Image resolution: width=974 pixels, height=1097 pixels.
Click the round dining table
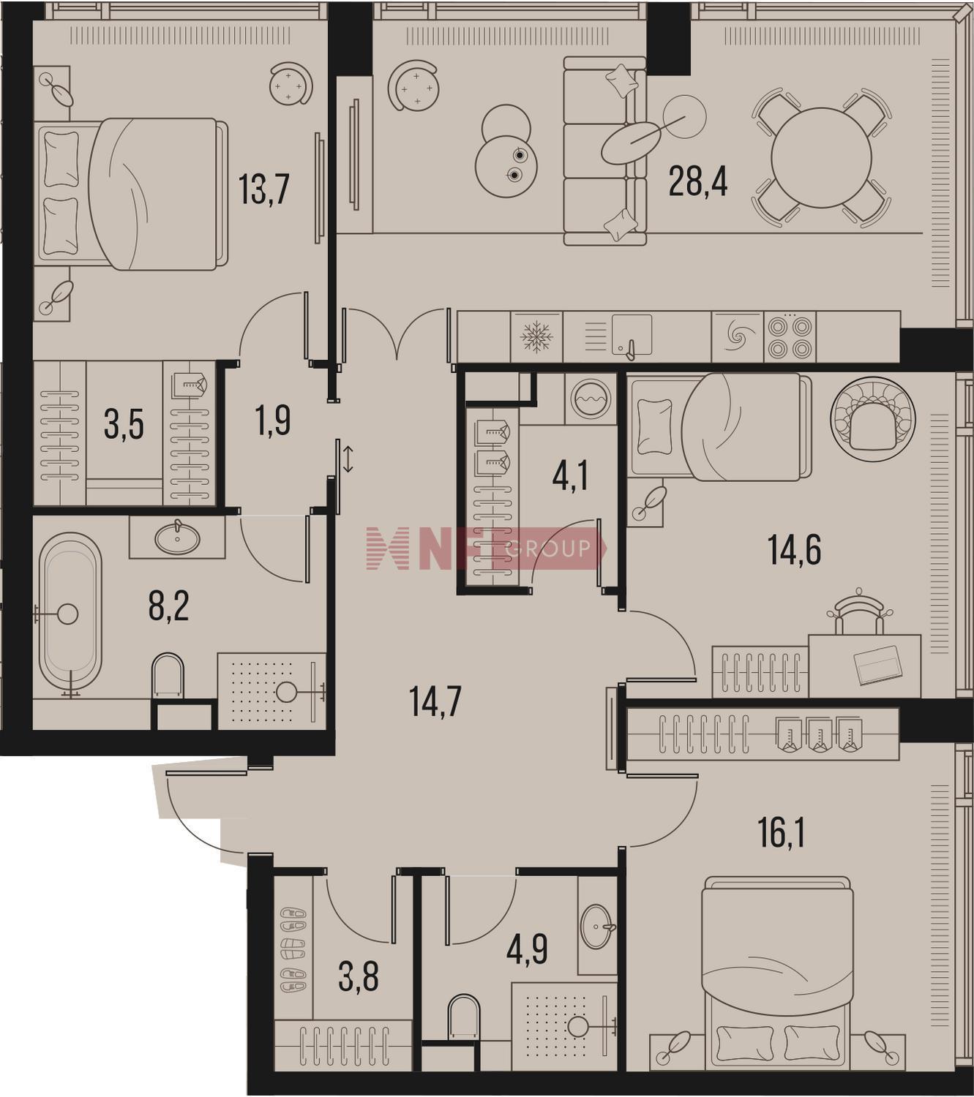[x=821, y=157]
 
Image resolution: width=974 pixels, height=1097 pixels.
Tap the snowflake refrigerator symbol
[x=536, y=337]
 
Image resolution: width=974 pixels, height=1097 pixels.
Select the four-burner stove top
[x=790, y=337]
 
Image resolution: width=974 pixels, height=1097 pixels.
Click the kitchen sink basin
[x=632, y=335]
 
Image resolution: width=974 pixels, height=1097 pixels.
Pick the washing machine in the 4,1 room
[x=591, y=399]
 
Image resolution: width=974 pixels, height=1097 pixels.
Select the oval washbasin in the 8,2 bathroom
[x=177, y=537]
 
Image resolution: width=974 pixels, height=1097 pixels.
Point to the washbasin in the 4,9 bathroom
[x=598, y=927]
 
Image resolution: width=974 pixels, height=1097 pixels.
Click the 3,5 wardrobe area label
[x=124, y=426]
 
